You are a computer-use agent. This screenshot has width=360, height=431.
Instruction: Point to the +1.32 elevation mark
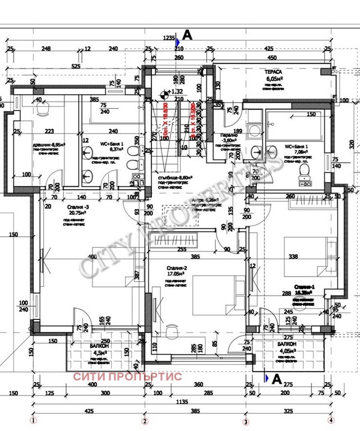(176, 91)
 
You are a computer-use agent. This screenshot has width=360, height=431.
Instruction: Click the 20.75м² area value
(67, 213)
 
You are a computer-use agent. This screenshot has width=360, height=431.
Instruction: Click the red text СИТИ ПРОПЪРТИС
(127, 377)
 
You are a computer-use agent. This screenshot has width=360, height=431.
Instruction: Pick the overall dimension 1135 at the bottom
(181, 401)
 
